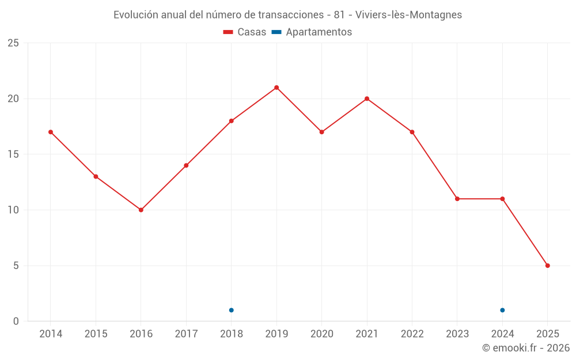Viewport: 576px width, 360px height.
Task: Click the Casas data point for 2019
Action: tap(276, 88)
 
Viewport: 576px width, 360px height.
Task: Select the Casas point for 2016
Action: tap(141, 210)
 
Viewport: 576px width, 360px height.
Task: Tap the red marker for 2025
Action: tap(548, 266)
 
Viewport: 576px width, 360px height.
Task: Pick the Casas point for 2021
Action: tap(367, 98)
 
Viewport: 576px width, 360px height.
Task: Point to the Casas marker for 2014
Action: tap(51, 132)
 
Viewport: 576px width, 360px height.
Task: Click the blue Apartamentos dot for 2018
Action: tap(232, 310)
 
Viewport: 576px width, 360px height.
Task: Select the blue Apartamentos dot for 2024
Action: tap(502, 310)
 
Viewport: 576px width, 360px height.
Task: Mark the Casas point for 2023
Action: tap(457, 199)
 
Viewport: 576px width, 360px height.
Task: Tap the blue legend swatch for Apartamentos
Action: tap(276, 32)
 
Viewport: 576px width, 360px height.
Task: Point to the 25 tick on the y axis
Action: tap(13, 43)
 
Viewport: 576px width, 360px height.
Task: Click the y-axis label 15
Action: tap(13, 154)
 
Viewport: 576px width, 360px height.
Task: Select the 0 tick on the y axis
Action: tap(16, 321)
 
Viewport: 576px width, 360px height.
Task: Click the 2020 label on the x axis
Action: tap(322, 334)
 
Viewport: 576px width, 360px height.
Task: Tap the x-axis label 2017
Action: tap(186, 334)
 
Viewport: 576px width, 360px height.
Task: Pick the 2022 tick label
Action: tap(412, 334)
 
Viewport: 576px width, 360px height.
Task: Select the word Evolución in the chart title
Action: tap(135, 15)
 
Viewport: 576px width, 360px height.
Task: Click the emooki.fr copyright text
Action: tap(526, 348)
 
